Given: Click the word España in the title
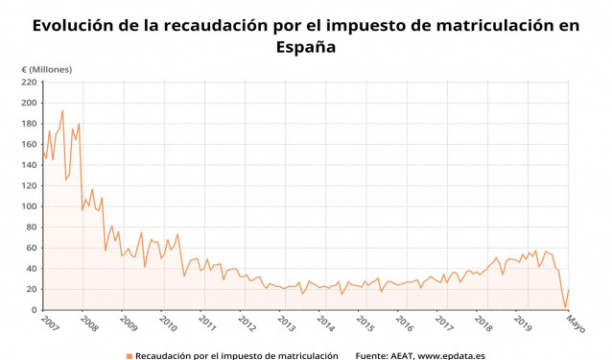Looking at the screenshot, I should pyautogui.click(x=305, y=46).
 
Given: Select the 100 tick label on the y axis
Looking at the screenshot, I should pyautogui.click(x=29, y=206).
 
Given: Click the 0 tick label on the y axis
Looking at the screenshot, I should pyautogui.click(x=34, y=310).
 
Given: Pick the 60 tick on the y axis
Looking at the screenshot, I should pyautogui.click(x=32, y=248).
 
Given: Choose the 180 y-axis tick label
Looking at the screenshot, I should pyautogui.click(x=29, y=124).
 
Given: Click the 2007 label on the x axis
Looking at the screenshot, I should pyautogui.click(x=50, y=323).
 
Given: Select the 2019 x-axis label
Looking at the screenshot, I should pyautogui.click(x=524, y=323).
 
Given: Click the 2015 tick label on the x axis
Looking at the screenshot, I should pyautogui.click(x=365, y=323).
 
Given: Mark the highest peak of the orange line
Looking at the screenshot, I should pyautogui.click(x=62, y=110).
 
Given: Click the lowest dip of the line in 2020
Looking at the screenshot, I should pyautogui.click(x=565, y=307).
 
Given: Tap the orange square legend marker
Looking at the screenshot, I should pyautogui.click(x=128, y=356).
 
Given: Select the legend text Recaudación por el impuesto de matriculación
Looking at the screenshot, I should pyautogui.click(x=236, y=355).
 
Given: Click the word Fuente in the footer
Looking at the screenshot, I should pyautogui.click(x=372, y=355).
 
